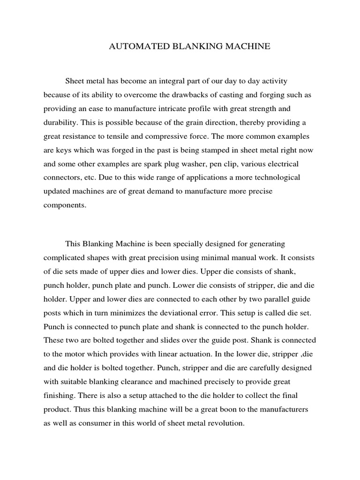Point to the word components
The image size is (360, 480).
(x=65, y=205)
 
